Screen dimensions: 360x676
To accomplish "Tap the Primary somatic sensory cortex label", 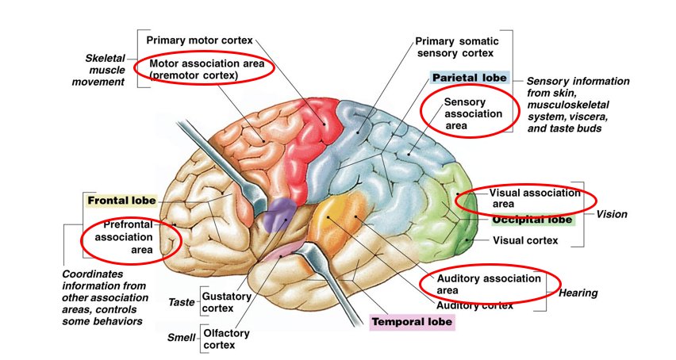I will click(x=455, y=47).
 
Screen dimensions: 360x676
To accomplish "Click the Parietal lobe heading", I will click(x=469, y=78).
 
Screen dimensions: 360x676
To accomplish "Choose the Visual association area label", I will click(x=535, y=198).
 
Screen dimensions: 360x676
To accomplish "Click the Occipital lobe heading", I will click(x=532, y=220).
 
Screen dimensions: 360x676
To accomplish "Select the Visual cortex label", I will click(x=525, y=240).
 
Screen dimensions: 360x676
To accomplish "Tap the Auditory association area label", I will click(x=490, y=284).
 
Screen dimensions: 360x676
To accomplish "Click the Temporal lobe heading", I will click(x=412, y=322).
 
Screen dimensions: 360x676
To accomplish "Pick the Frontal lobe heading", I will click(x=121, y=201).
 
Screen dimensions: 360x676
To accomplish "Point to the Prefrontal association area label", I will click(x=128, y=237).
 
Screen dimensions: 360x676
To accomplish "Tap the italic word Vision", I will click(x=612, y=214).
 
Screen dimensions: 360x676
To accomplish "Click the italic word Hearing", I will click(x=578, y=293).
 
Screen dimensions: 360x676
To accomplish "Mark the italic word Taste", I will click(x=181, y=303).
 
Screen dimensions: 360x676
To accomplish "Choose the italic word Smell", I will click(x=181, y=338).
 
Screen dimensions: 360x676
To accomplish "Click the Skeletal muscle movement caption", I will click(x=104, y=70).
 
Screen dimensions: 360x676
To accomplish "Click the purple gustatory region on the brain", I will click(x=278, y=214).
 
